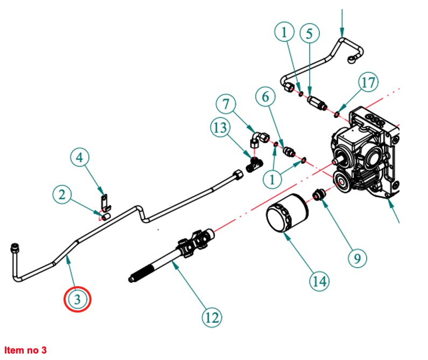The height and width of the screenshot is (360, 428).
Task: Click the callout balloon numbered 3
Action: (x=78, y=300)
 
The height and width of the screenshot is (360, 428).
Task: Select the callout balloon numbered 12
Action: (x=212, y=317)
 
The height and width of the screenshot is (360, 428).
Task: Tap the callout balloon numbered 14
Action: (x=319, y=280)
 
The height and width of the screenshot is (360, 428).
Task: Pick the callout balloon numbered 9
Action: (x=357, y=259)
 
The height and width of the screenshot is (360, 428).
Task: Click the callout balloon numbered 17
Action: (x=368, y=83)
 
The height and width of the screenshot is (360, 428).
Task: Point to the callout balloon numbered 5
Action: (x=309, y=33)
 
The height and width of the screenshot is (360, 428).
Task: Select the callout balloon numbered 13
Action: (x=220, y=128)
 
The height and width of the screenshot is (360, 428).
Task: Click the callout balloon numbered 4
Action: (x=80, y=158)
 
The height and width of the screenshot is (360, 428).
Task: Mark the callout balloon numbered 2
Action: (x=62, y=195)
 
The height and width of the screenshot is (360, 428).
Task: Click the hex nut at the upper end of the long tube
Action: (x=237, y=175)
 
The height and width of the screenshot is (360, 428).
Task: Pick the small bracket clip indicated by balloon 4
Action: (x=106, y=202)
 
